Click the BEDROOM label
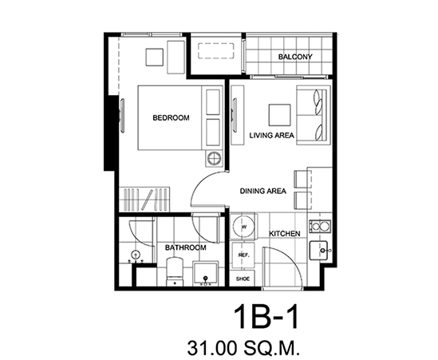pyautogui.click(x=171, y=118)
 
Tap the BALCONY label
pyautogui.click(x=295, y=57)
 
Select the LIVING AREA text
pyautogui.click(x=271, y=136)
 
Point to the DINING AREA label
pyautogui.click(x=262, y=192)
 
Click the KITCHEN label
pyautogui.click(x=285, y=234)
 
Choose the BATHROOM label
pyautogui.click(x=185, y=247)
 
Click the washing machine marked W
pyautogui.click(x=244, y=227)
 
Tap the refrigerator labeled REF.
pyautogui.click(x=243, y=255)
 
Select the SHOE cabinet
pyautogui.click(x=243, y=279)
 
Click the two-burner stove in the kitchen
pyautogui.click(x=320, y=226)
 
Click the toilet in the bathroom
pyautogui.click(x=175, y=271)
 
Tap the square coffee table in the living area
pyautogui.click(x=279, y=115)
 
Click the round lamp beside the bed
pyautogui.click(x=215, y=159)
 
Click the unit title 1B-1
pyautogui.click(x=266, y=317)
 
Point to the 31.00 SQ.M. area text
pyautogui.click(x=243, y=348)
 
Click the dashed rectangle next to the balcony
pyautogui.click(x=215, y=51)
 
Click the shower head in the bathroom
pyautogui.click(x=136, y=255)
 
